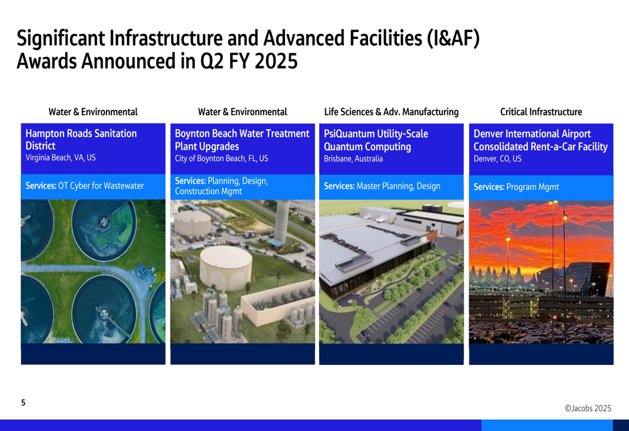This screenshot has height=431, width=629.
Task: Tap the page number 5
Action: [23, 403]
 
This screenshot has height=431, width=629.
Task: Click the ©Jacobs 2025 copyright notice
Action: [587, 408]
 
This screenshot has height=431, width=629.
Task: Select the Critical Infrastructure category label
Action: [541, 112]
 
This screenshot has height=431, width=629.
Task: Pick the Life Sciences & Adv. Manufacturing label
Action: [391, 112]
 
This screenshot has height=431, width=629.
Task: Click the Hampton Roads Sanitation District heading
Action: [81, 139]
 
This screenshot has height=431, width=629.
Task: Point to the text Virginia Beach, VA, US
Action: [60, 158]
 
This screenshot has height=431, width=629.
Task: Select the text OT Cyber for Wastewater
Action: [101, 186]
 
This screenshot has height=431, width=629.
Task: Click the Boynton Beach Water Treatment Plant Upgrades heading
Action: [242, 140]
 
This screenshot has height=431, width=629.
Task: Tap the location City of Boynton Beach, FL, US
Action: [221, 159]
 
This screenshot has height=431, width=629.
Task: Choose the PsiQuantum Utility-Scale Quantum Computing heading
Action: [376, 140]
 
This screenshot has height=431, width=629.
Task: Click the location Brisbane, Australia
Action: [353, 159]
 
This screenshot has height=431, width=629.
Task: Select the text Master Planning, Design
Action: [398, 186]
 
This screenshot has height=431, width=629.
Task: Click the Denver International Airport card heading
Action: [540, 140]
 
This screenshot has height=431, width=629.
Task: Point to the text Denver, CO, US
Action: [498, 159]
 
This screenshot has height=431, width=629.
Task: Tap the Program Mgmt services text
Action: [533, 187]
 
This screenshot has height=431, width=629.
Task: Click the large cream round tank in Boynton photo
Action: [226, 267]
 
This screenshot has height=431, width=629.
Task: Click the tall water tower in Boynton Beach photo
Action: [282, 221]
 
